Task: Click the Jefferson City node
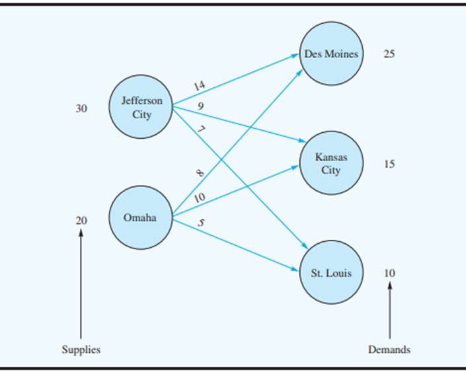click(141, 107)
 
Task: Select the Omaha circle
click(140, 217)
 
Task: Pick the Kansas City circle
click(330, 164)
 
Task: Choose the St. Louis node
click(330, 273)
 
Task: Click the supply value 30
click(81, 109)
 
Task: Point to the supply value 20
click(81, 221)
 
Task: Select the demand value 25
click(389, 54)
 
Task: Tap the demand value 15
click(389, 164)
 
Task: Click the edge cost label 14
click(200, 85)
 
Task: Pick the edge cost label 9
click(200, 106)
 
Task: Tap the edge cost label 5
click(201, 223)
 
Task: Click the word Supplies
click(81, 350)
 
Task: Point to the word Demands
click(389, 350)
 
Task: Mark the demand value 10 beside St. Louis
click(389, 273)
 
